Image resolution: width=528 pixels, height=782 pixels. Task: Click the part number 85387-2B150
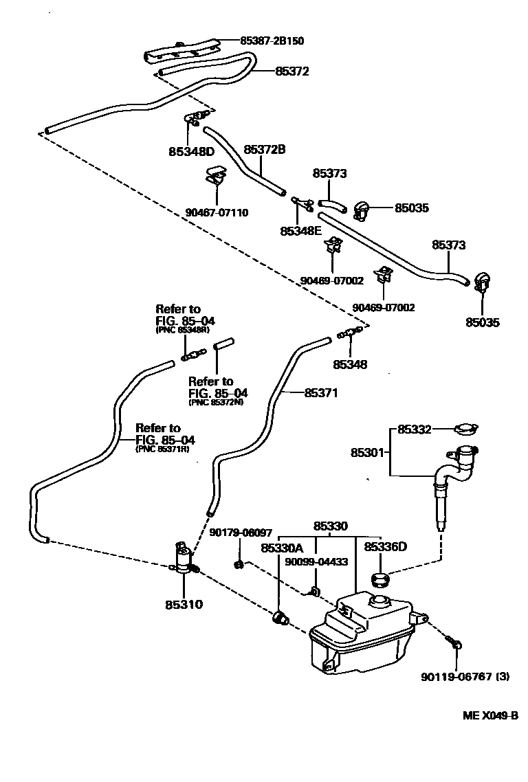click(x=272, y=41)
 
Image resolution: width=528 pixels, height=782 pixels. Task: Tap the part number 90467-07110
click(x=217, y=213)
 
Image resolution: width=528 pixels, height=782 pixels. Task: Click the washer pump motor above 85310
click(x=183, y=558)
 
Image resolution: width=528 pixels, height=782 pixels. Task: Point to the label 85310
click(x=184, y=605)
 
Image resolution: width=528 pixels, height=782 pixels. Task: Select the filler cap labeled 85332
click(x=465, y=430)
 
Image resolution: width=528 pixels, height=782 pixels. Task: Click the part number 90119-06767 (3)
click(x=465, y=676)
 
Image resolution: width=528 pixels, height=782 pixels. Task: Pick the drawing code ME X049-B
click(x=489, y=715)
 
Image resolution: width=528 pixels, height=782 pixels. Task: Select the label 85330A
click(x=282, y=548)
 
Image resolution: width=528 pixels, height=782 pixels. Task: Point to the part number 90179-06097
click(x=241, y=533)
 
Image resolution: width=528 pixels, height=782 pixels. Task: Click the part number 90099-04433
click(x=316, y=561)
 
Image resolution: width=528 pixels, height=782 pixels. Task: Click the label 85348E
click(x=300, y=231)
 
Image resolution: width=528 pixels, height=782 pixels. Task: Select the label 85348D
click(x=192, y=150)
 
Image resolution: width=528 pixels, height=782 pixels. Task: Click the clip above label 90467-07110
click(x=217, y=177)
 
